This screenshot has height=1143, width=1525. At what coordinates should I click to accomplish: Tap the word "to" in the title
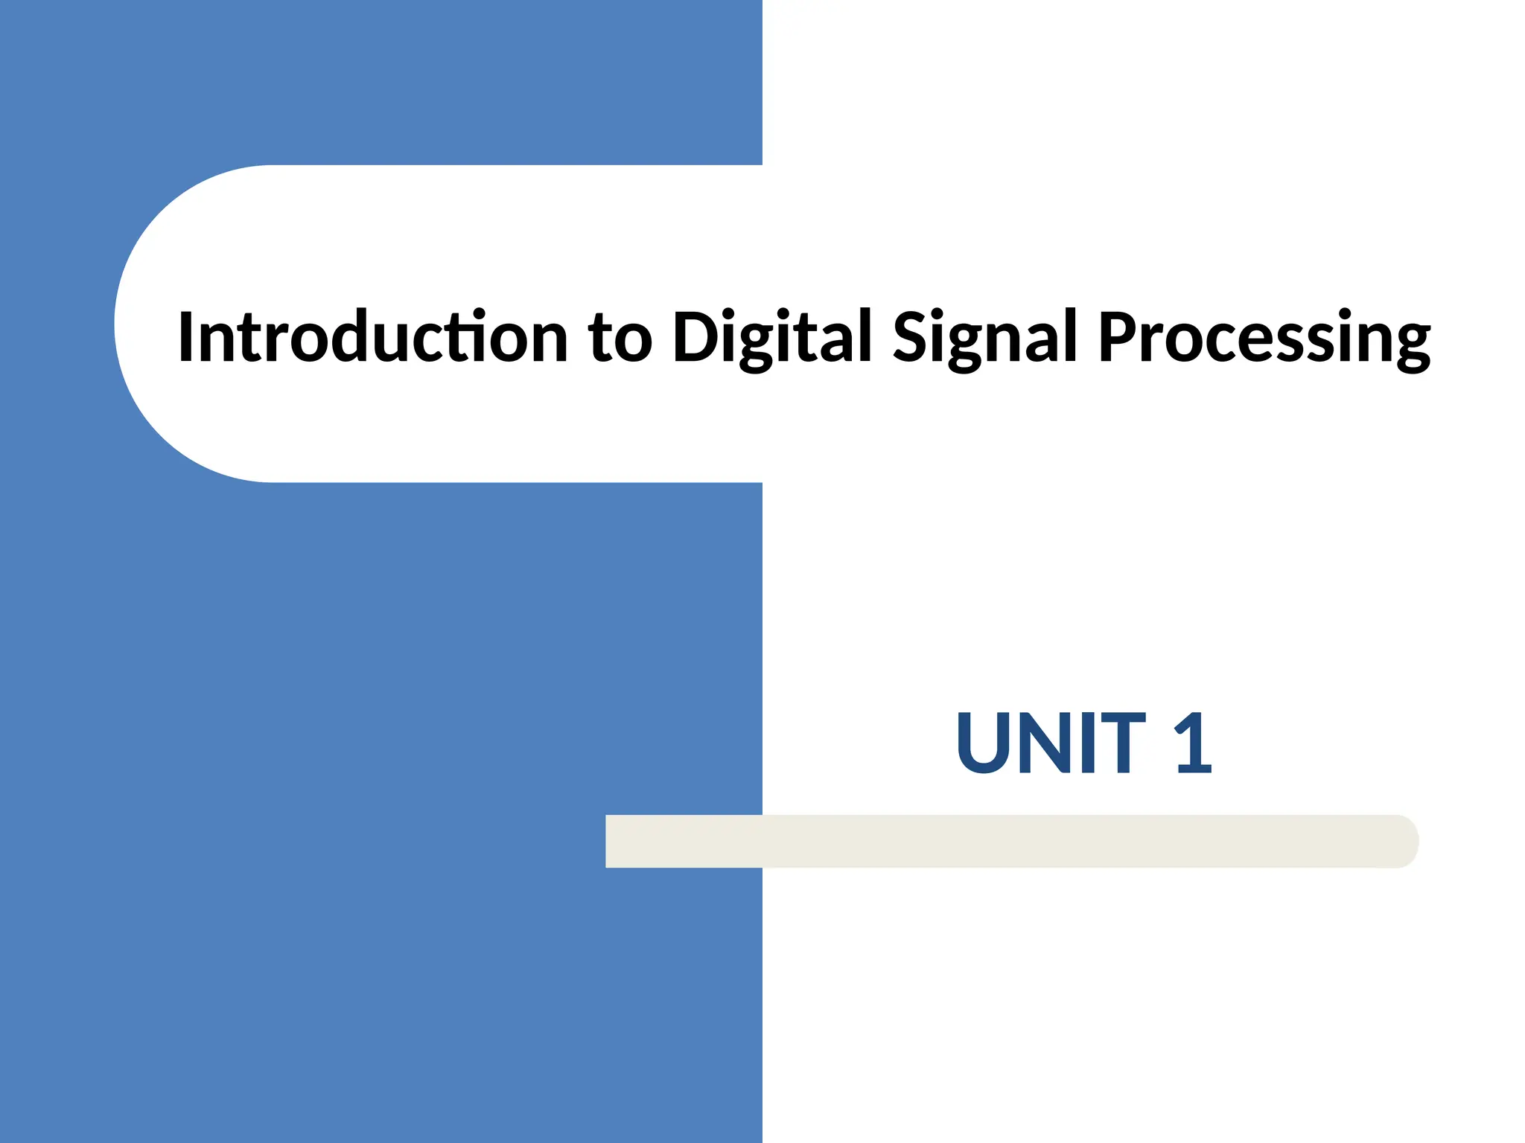pos(620,339)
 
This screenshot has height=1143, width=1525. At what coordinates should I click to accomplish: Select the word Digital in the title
pos(771,339)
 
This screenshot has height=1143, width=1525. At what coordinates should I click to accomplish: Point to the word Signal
pos(984,339)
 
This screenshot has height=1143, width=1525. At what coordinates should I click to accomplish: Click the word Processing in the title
pos(1264,339)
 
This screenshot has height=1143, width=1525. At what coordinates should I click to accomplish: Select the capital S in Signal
pos(911,337)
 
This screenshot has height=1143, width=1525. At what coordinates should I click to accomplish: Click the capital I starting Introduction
pos(186,337)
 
